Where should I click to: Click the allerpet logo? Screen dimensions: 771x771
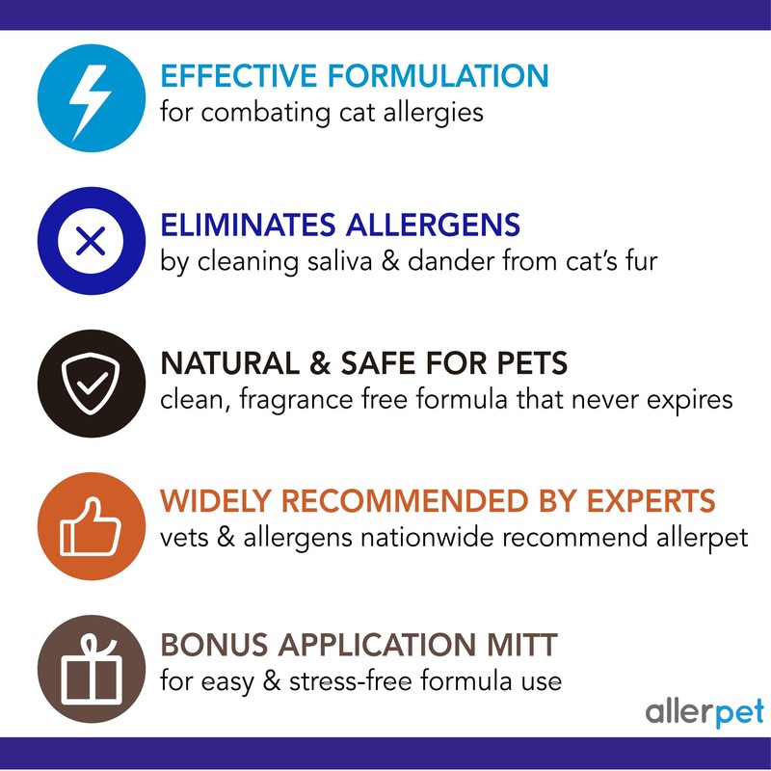704,712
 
